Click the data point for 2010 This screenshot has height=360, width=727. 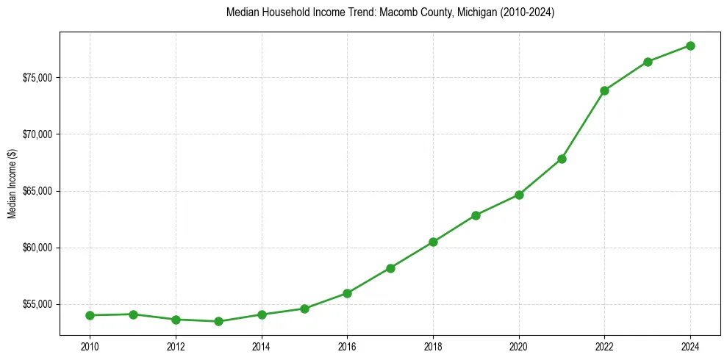click(90, 315)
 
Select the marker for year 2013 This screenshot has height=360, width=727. click(218, 321)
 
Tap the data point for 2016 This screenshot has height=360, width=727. click(347, 293)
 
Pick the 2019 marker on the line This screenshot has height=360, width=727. click(476, 215)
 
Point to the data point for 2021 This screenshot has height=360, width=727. click(562, 159)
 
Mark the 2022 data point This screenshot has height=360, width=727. click(605, 90)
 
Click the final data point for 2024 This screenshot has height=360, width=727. click(691, 46)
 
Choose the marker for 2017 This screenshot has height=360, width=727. click(390, 268)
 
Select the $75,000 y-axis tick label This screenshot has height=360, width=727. click(39, 78)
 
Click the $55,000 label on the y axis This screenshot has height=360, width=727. click(39, 304)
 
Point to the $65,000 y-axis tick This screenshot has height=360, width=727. click(39, 191)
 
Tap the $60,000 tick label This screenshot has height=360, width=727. click(39, 248)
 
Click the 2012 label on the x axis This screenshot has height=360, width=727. click(176, 347)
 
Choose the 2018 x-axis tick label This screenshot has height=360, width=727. click(433, 347)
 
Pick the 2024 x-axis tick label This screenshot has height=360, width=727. click(691, 347)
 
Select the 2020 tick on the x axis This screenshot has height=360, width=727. click(519, 347)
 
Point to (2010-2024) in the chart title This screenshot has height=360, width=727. click(524, 12)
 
